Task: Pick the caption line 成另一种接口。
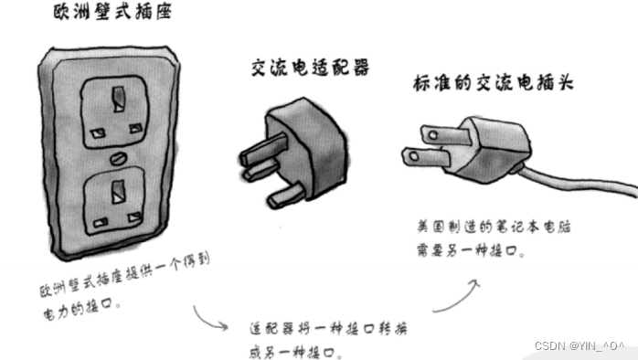tap(293, 351)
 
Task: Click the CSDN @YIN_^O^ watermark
tap(579, 346)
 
